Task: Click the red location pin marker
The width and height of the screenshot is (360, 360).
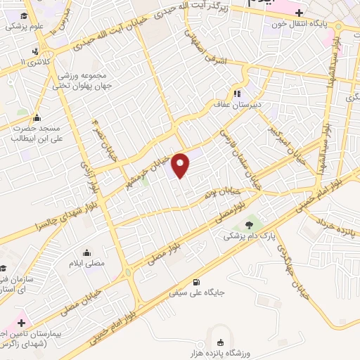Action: (181, 165)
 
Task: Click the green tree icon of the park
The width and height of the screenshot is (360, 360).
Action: (250, 224)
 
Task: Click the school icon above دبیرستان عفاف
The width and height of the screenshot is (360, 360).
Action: (238, 93)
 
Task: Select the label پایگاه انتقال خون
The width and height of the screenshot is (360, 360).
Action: (300, 22)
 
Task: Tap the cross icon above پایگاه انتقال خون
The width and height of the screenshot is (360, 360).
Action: (299, 12)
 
